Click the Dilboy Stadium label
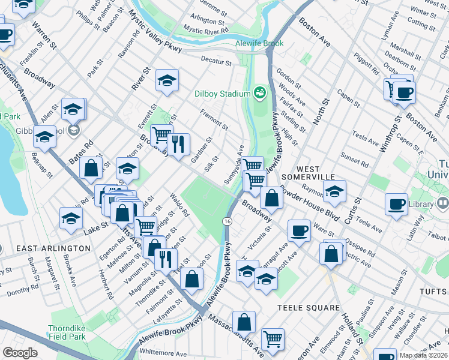(x=222, y=94)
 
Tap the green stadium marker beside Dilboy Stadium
(x=260, y=92)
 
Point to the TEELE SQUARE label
(x=309, y=308)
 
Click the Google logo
(x=20, y=353)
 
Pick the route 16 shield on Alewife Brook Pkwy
(x=227, y=221)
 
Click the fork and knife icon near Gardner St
(x=178, y=144)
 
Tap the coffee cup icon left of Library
(x=396, y=203)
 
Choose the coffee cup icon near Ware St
(x=298, y=230)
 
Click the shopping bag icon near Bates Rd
(x=91, y=169)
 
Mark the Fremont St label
(x=214, y=118)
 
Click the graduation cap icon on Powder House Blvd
(x=334, y=191)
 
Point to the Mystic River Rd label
(x=206, y=29)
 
